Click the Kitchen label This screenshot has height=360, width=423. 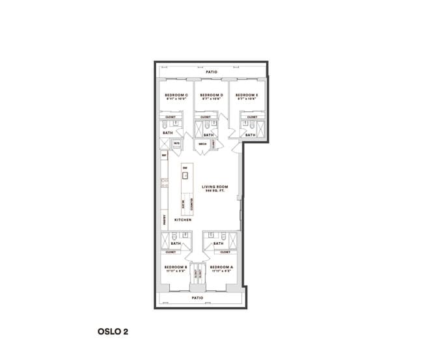coord(182,220)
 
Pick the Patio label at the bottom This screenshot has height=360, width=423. coord(197,298)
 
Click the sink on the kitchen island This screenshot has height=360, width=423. coord(185,175)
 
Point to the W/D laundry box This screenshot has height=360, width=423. coord(176,144)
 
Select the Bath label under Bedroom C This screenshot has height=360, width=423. coord(167,133)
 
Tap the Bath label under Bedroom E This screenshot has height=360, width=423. coord(250,135)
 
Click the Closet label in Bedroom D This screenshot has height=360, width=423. coord(206,117)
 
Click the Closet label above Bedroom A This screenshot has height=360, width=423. coord(225,252)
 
